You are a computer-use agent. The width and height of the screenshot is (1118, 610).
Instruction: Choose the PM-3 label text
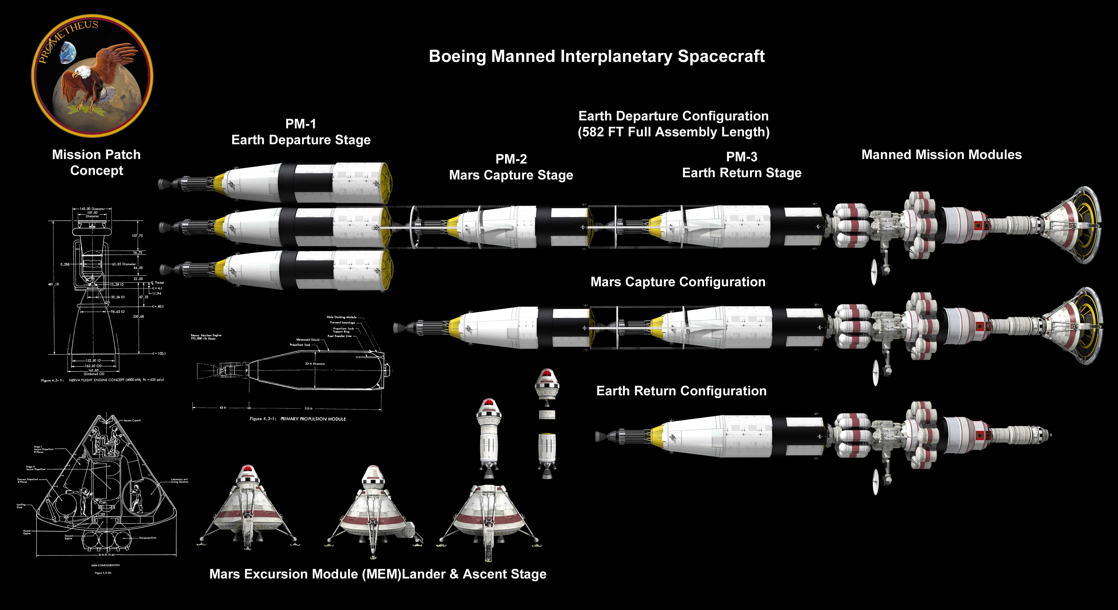pyautogui.click(x=741, y=157)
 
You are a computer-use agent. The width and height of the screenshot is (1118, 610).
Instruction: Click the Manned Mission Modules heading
pyautogui.click(x=941, y=155)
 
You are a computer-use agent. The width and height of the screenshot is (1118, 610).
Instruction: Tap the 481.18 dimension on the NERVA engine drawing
pyautogui.click(x=53, y=284)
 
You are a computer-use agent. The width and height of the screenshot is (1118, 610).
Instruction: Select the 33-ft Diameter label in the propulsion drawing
pyautogui.click(x=315, y=364)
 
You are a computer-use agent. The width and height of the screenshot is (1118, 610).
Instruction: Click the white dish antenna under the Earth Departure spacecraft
pyautogui.click(x=874, y=272)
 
